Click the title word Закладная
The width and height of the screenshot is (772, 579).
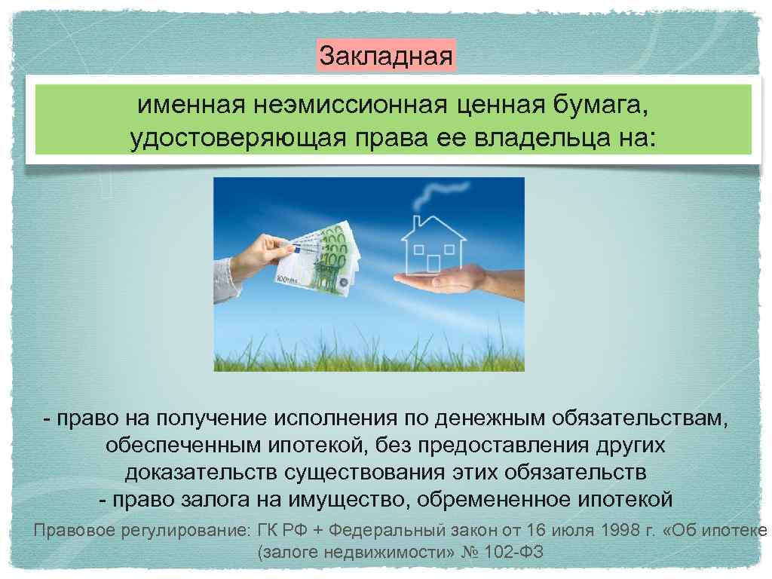tap(386, 56)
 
